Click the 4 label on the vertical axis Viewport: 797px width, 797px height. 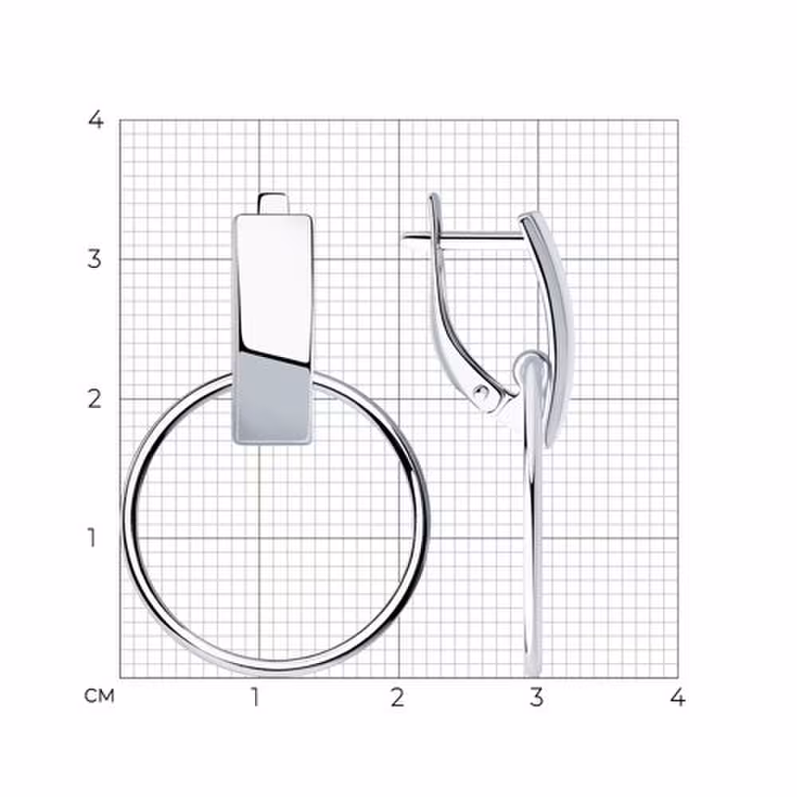96,120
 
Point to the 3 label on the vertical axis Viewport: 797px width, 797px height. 95,259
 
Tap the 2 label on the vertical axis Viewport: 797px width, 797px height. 95,399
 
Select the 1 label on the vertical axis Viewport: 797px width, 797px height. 92,538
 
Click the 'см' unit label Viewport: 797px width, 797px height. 99,696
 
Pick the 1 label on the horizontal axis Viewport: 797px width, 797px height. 255,697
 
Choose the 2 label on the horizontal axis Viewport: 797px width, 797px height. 398,697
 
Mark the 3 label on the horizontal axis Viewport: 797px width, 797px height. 536,697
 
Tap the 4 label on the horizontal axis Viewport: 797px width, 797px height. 677,697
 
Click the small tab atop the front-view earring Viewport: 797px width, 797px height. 273,203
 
